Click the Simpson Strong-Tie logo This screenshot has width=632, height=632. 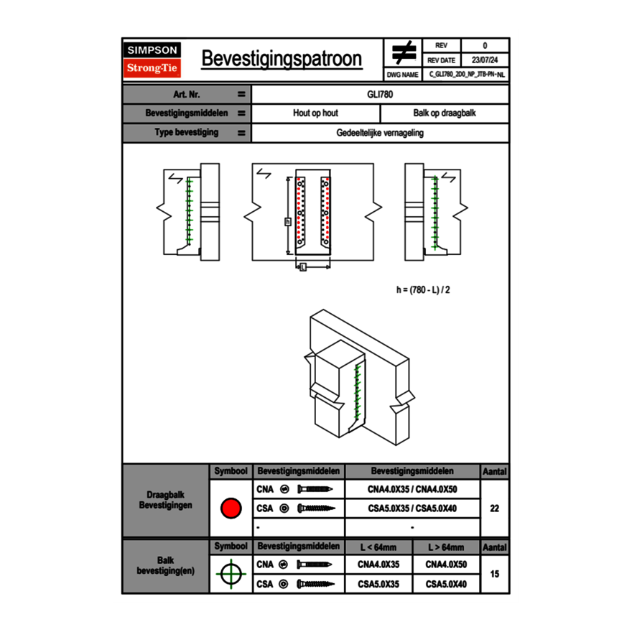click(153, 60)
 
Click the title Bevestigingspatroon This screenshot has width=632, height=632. click(282, 59)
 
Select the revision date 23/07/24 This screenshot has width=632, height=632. click(485, 60)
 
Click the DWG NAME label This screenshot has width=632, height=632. click(403, 75)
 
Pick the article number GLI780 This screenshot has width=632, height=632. click(380, 94)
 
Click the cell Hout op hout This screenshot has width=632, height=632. click(315, 113)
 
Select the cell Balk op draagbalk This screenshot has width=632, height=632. click(445, 113)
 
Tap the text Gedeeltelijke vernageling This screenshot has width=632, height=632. click(380, 133)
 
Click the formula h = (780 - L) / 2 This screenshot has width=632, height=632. click(423, 289)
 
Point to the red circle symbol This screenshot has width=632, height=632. click(231, 508)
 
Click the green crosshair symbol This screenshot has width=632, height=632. click(231, 575)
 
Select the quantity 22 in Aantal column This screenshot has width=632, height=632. click(494, 508)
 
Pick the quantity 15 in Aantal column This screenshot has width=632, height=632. click(494, 575)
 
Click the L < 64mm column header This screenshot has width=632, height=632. click(379, 547)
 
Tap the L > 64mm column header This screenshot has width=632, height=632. click(446, 547)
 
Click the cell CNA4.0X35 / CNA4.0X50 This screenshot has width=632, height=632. click(412, 489)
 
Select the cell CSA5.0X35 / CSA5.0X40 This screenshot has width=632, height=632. click(412, 508)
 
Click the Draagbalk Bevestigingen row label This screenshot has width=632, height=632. click(165, 501)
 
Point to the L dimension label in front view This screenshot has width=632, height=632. click(302, 267)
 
